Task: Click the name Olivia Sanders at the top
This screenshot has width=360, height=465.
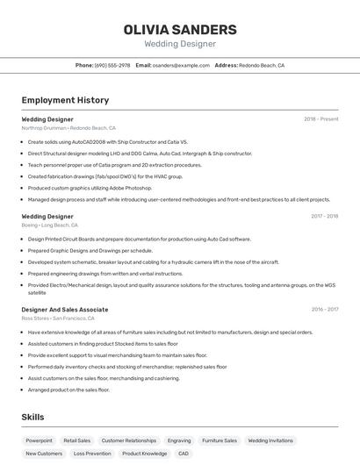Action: (180, 29)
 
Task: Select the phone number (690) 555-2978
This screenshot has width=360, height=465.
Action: (112, 65)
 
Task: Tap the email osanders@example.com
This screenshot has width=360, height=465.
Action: (181, 65)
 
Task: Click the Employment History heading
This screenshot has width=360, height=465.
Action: (65, 100)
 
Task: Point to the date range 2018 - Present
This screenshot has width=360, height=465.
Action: (320, 118)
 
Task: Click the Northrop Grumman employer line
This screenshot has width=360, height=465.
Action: (68, 127)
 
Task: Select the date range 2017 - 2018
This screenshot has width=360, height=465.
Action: (324, 216)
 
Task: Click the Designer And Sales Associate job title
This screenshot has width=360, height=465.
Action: (65, 309)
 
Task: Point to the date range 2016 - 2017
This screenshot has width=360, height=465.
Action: (324, 309)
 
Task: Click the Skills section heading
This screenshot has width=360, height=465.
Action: (32, 417)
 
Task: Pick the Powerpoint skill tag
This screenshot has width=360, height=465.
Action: (39, 440)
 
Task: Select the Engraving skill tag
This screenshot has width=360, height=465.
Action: (179, 440)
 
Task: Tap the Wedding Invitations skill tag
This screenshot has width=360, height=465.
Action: (270, 440)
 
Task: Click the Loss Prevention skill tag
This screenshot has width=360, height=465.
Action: (92, 454)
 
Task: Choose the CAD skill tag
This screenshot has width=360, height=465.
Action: (184, 454)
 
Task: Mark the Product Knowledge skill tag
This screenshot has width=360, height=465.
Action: (144, 454)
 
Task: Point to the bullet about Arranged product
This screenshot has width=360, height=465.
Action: (68, 390)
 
